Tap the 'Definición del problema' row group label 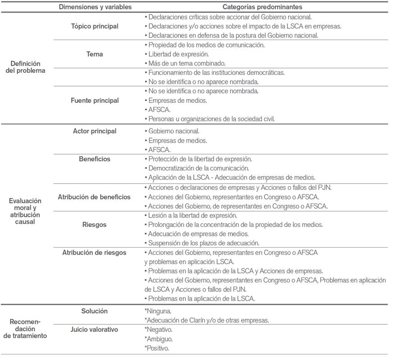point(26,67)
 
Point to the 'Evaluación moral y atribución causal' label point(25,211)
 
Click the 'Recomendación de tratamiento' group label point(25,328)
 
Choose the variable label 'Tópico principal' point(95,26)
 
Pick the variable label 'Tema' point(95,54)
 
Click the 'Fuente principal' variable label point(95,100)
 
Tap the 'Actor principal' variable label point(95,131)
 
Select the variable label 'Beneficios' point(95,159)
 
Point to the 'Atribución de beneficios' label point(94,197)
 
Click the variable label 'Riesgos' point(95,225)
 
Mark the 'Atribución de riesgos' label point(94,253)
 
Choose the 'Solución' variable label point(95,311)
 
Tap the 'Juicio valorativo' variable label point(95,330)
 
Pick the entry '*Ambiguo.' point(158,339)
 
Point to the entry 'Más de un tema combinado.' point(187,63)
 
